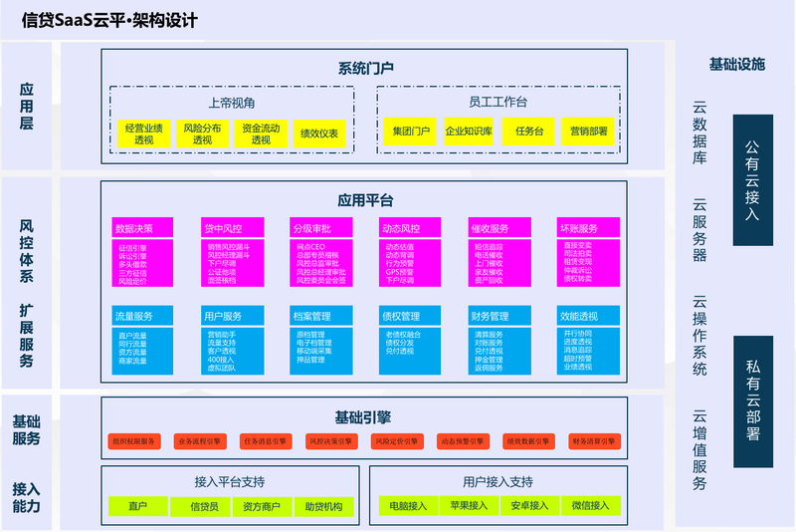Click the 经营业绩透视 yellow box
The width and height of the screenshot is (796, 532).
click(x=144, y=134)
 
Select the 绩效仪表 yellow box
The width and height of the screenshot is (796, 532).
click(x=319, y=134)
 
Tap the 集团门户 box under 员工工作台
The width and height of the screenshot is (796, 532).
click(x=411, y=132)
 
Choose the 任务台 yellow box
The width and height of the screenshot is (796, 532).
click(x=529, y=132)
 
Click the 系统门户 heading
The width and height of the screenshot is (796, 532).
click(x=366, y=69)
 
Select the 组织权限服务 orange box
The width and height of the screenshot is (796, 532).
click(x=134, y=440)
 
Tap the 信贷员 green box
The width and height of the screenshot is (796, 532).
click(x=204, y=507)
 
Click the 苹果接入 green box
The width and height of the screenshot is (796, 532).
click(x=469, y=506)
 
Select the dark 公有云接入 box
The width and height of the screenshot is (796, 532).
click(x=752, y=179)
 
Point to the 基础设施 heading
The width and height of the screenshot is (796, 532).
click(x=737, y=65)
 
